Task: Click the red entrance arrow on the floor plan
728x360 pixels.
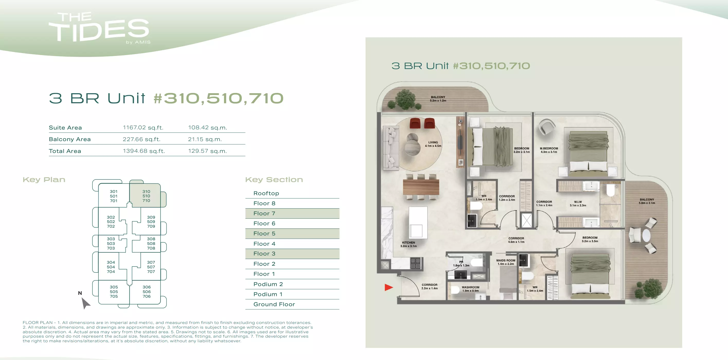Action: coord(388,287)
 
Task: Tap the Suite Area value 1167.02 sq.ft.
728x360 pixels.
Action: coord(143,127)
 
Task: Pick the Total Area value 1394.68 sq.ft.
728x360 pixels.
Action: coord(144,151)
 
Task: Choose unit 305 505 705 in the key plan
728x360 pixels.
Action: coord(114,292)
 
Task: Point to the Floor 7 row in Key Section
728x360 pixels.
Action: coord(292,213)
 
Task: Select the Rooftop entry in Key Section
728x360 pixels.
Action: coord(266,193)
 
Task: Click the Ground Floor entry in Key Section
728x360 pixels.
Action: coord(274,304)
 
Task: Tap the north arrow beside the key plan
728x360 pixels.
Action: coord(85,303)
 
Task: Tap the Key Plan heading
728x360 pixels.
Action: coord(44,179)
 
